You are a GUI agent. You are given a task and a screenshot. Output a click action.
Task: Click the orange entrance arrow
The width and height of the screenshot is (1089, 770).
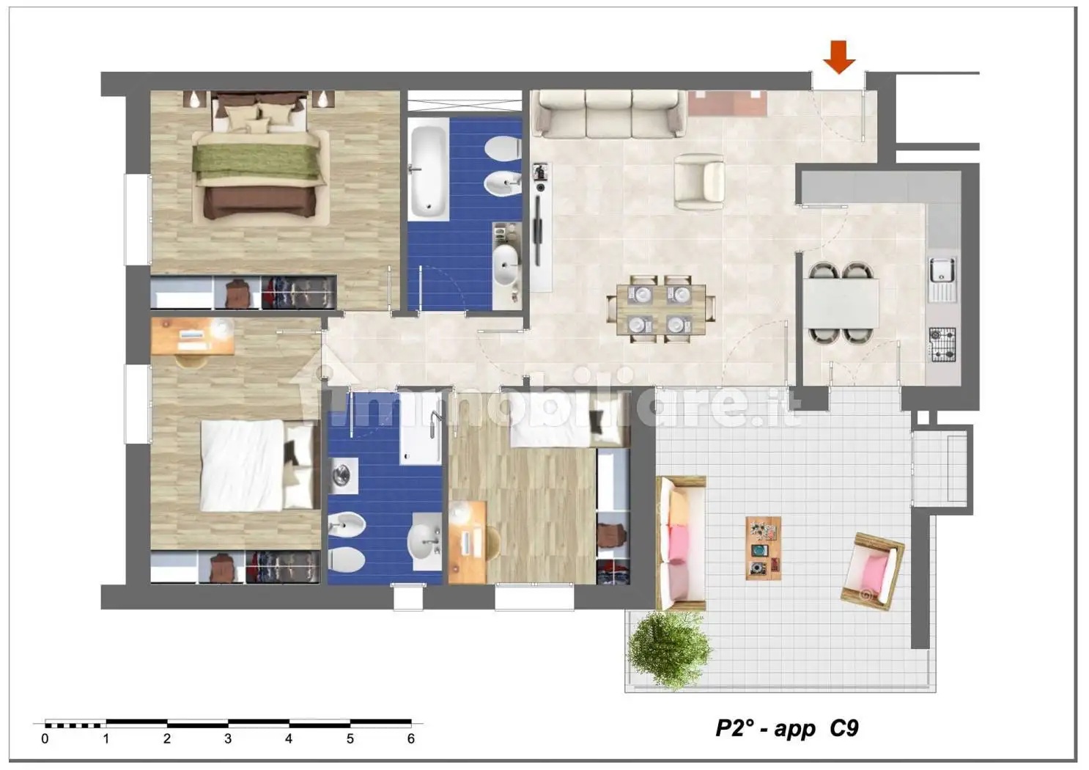click(x=839, y=57)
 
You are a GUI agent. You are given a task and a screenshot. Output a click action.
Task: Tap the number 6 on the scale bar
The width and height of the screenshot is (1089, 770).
click(x=411, y=739)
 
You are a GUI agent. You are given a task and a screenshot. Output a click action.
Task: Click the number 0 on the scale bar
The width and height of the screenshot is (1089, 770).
click(x=45, y=739)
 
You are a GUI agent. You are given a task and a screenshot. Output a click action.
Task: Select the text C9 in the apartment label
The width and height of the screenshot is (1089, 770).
click(x=844, y=728)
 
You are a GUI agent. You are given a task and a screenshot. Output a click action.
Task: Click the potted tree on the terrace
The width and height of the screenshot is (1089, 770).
click(x=669, y=650)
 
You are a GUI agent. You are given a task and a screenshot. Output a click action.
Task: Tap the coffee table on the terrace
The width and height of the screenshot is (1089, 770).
click(x=764, y=549)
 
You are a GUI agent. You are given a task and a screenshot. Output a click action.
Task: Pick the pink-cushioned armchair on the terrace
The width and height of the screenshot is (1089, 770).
click(x=873, y=571)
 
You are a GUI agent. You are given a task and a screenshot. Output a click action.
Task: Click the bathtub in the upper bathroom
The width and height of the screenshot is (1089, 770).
click(x=428, y=169)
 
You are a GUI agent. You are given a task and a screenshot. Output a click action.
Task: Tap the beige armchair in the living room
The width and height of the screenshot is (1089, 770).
click(x=698, y=181)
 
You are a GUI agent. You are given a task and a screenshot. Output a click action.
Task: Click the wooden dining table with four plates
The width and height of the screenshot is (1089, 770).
click(x=661, y=310)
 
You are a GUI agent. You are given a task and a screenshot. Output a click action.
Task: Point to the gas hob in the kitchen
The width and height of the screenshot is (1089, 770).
click(x=942, y=345)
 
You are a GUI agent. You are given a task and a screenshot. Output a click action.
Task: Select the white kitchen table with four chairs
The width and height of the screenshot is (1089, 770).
click(x=840, y=303)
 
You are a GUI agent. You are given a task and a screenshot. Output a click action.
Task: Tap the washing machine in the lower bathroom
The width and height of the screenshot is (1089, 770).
click(x=343, y=476)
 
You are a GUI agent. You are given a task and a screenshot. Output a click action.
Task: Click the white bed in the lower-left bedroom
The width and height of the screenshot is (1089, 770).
click(x=256, y=466)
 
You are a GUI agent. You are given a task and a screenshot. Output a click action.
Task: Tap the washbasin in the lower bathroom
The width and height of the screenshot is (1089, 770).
click(x=426, y=541)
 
